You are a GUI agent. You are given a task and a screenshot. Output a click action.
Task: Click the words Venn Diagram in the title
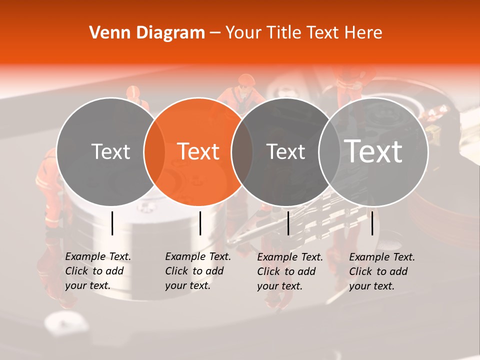coord(147,33)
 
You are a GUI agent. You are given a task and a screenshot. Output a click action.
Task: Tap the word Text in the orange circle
coord(198,151)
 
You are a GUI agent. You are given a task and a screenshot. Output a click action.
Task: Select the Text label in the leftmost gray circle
coord(110,151)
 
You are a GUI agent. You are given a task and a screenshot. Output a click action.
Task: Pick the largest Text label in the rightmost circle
coord(373,151)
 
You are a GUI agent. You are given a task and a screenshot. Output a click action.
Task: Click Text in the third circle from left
coord(285,151)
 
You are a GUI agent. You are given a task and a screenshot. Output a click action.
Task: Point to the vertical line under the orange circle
coord(200,223)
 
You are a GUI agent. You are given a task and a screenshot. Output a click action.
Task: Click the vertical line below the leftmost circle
coord(112,223)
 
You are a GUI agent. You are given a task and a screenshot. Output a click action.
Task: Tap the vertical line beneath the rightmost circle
coord(372,223)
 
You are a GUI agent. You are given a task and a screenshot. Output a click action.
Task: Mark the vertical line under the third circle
coord(288,223)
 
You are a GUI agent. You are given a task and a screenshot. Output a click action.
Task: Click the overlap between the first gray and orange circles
coord(154,151)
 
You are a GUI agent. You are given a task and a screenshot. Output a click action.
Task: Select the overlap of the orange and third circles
coord(242,151)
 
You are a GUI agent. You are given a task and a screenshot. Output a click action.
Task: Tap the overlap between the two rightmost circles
coord(327,151)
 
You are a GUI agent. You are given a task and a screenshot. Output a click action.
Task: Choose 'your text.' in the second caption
coord(187,285)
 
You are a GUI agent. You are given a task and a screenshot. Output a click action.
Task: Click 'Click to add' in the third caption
coord(286,271)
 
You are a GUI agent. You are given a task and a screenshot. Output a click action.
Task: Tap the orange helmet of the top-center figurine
coord(246,79)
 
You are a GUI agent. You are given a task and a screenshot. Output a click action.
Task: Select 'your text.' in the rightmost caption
coord(371,286)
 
